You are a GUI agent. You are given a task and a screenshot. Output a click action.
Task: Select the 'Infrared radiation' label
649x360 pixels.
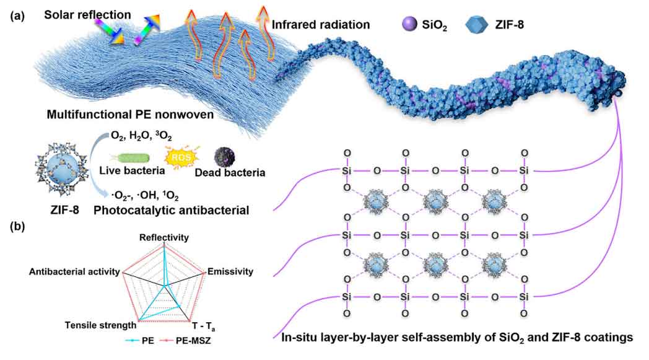coord(321,25)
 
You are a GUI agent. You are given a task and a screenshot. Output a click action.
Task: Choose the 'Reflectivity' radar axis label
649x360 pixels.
coord(164,237)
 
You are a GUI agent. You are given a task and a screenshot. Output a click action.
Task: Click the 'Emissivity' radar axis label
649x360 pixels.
coord(230,271)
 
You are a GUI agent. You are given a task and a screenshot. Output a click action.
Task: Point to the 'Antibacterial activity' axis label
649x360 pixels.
coord(76,271)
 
